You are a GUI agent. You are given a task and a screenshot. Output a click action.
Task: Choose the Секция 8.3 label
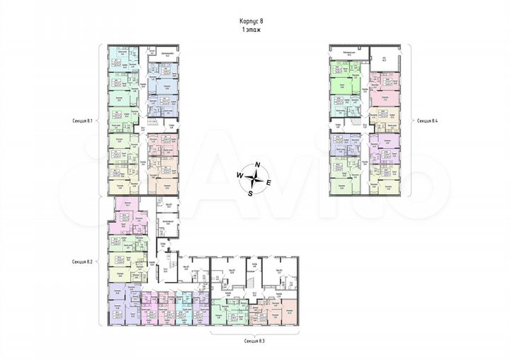[x=253, y=341]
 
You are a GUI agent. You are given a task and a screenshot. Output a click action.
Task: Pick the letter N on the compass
[x=259, y=166]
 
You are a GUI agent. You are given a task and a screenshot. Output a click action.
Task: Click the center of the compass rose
[x=254, y=178]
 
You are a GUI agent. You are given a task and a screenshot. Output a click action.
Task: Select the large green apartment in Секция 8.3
[x=227, y=312]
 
